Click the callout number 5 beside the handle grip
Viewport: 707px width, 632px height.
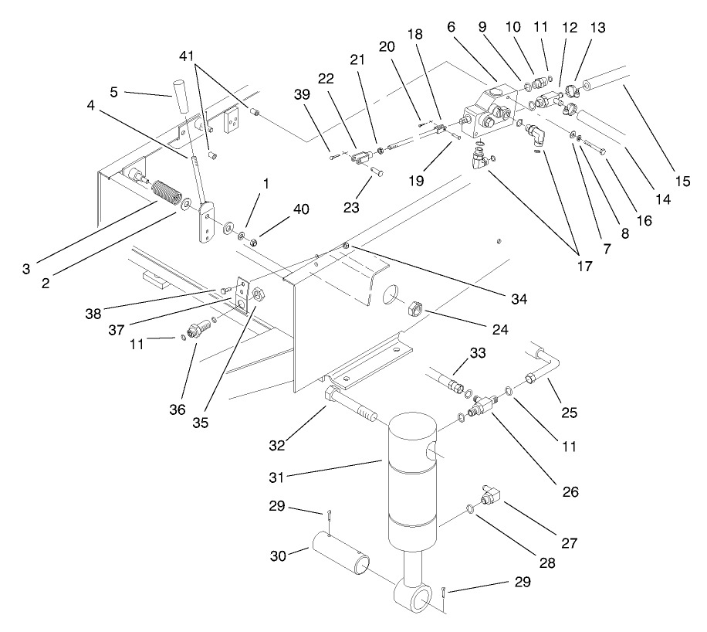[x=113, y=92]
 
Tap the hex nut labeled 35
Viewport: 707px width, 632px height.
[x=259, y=294]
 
